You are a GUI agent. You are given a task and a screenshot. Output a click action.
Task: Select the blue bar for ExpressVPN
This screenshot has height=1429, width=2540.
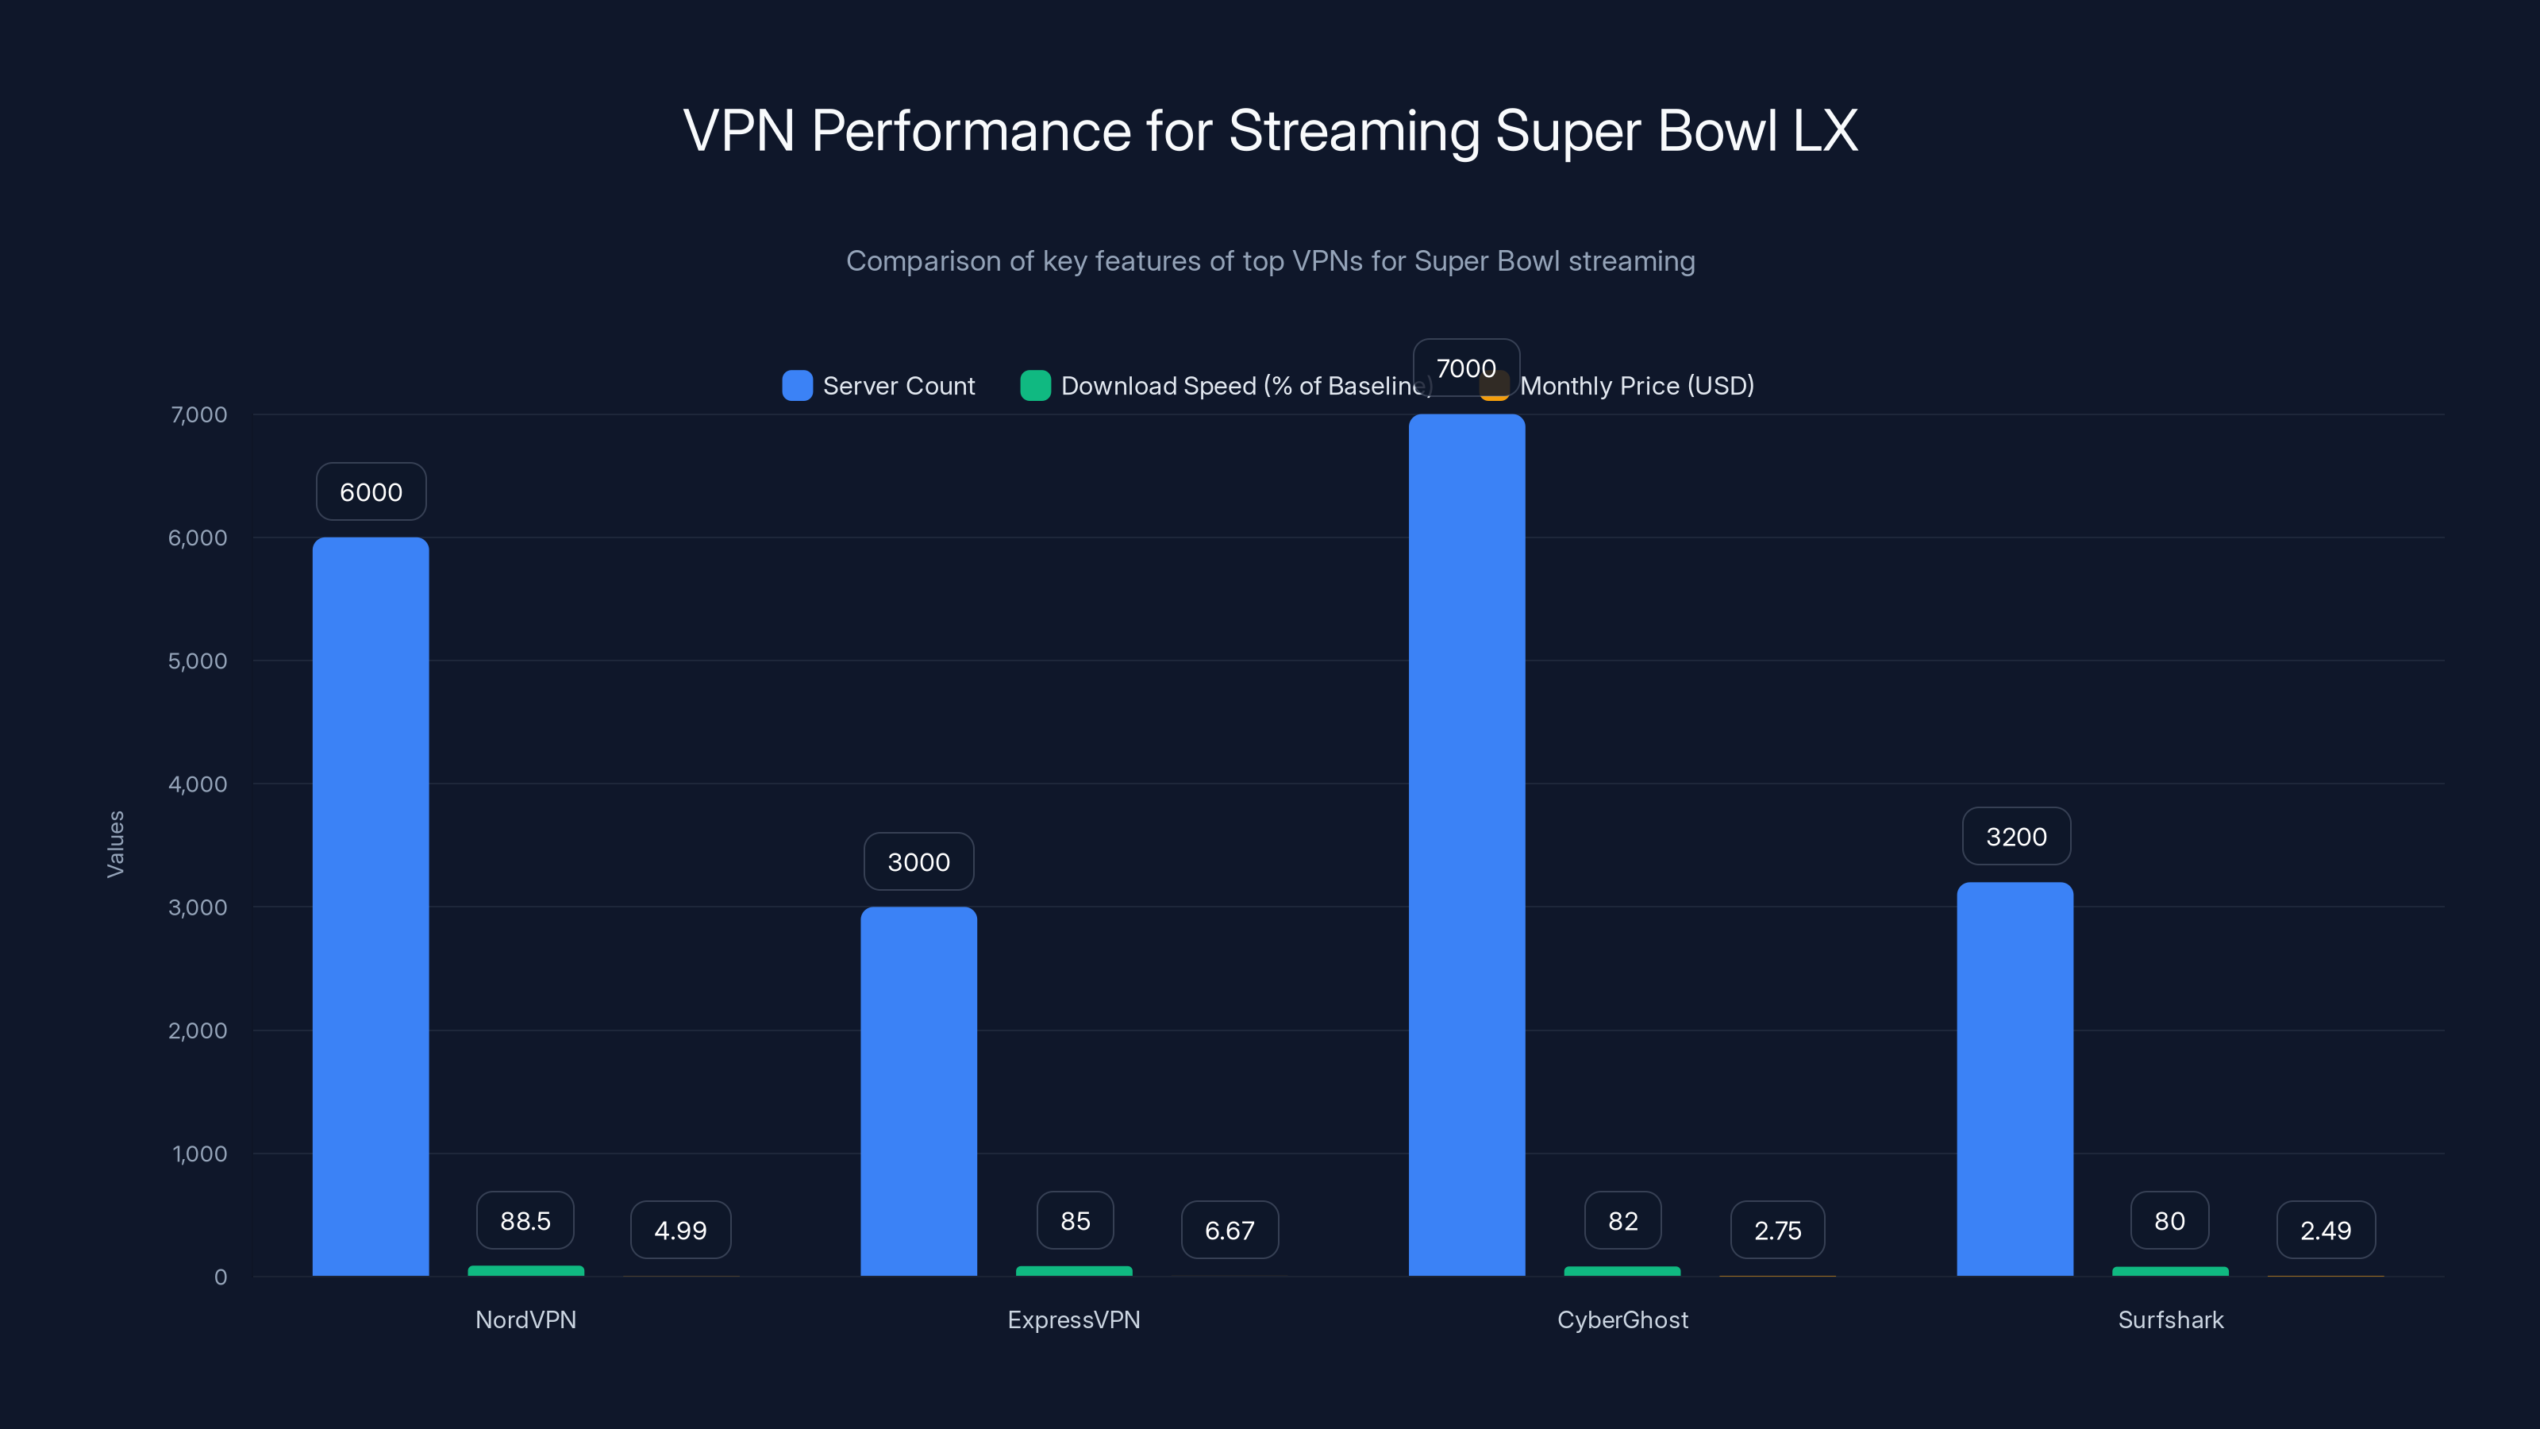click(x=918, y=1091)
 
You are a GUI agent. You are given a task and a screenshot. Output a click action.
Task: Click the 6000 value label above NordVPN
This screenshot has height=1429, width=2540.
click(x=371, y=491)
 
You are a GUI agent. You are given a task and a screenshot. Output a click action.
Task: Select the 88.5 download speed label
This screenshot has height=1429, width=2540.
click(x=525, y=1221)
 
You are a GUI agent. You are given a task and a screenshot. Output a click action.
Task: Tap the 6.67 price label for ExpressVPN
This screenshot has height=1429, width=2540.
click(x=1230, y=1230)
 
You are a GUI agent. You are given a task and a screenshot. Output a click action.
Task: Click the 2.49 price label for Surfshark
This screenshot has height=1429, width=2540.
click(x=2325, y=1230)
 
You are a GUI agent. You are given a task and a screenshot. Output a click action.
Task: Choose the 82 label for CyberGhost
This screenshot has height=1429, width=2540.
click(x=1622, y=1221)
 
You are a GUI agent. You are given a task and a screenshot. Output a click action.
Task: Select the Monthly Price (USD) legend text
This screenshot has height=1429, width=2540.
click(x=1636, y=386)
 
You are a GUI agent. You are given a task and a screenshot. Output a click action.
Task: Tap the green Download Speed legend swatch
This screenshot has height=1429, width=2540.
click(x=1034, y=386)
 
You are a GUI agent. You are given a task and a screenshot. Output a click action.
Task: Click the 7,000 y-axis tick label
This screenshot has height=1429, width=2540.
click(x=198, y=414)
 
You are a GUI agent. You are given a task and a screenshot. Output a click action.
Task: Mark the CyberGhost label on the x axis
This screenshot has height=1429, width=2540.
click(x=1622, y=1319)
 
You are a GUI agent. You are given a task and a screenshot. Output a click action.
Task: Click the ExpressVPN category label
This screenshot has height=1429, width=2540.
click(x=1073, y=1319)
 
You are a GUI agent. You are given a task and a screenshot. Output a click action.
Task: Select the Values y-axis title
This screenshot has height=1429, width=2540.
click(x=115, y=844)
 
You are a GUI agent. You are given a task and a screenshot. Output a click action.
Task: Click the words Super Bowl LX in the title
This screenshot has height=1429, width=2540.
click(x=1676, y=130)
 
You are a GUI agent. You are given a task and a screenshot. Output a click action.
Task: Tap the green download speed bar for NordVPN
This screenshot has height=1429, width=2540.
click(x=525, y=1271)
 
